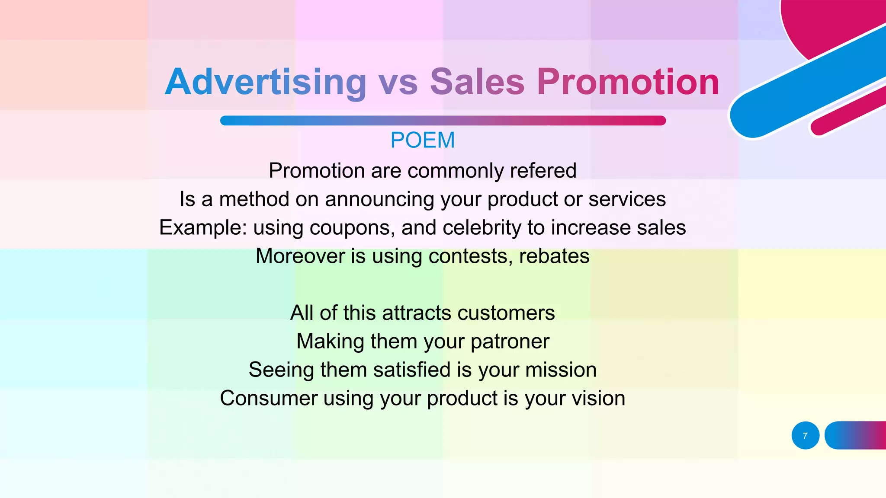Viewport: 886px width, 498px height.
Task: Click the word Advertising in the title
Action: point(266,82)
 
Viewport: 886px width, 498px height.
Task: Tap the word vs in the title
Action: point(398,82)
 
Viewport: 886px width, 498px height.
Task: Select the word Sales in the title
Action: point(477,82)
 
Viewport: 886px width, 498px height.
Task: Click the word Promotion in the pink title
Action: point(628,82)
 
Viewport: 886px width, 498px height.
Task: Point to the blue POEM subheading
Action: point(422,140)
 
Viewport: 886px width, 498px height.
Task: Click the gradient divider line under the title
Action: point(443,121)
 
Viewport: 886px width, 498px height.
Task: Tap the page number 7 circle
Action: point(805,436)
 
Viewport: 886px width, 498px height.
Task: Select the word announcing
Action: point(379,199)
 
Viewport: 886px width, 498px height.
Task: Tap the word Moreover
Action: point(300,256)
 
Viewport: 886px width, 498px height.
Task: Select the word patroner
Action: point(510,342)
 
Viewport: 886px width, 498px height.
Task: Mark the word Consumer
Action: point(268,398)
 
